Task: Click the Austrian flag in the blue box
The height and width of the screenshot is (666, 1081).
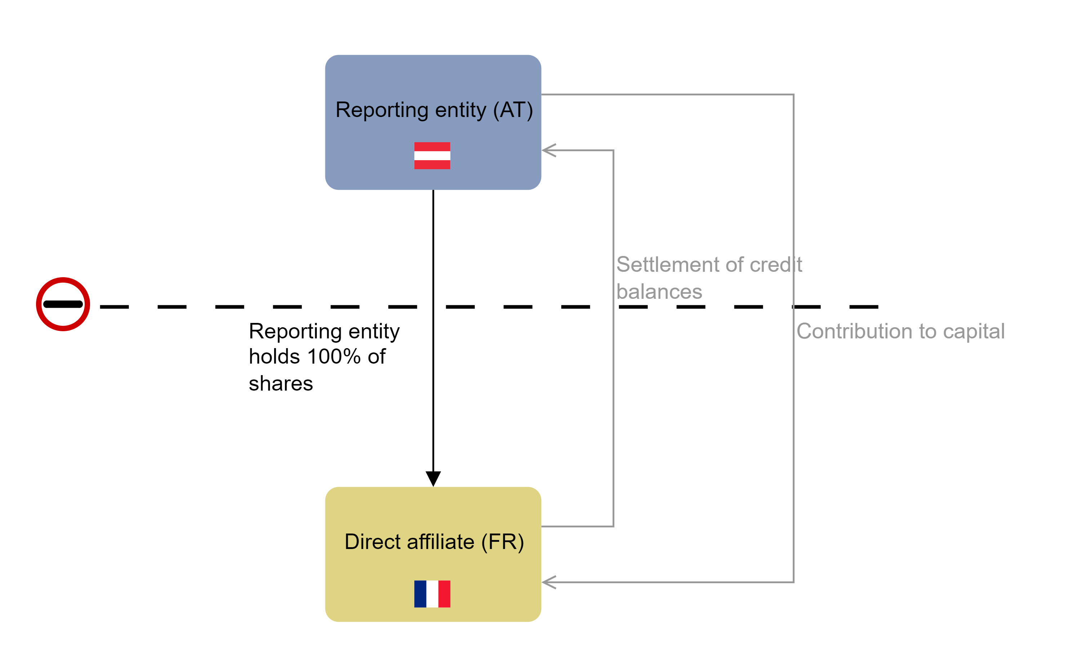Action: (x=432, y=156)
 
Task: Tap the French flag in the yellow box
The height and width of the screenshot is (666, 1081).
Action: (x=432, y=594)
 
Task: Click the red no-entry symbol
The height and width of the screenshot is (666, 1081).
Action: (x=63, y=304)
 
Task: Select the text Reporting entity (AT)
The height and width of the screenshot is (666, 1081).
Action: (x=434, y=110)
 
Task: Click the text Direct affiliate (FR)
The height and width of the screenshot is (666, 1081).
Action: (x=434, y=542)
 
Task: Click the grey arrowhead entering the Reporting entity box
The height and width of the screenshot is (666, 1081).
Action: (x=548, y=150)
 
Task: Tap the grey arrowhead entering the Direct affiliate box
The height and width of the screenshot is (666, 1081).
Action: (x=548, y=582)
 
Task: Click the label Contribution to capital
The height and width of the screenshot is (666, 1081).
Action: (x=900, y=331)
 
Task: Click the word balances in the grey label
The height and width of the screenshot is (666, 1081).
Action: (x=659, y=292)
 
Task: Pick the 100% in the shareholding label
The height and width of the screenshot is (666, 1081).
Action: (x=334, y=356)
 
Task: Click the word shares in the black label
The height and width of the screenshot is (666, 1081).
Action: (x=281, y=383)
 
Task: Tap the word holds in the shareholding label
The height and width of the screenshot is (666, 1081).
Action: (x=275, y=356)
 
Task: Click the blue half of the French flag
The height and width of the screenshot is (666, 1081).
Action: (x=420, y=594)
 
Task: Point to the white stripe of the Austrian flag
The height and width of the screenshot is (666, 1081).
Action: (x=432, y=156)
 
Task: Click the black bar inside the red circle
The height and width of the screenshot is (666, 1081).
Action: (x=63, y=304)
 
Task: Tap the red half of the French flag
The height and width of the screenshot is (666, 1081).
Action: (x=444, y=594)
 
